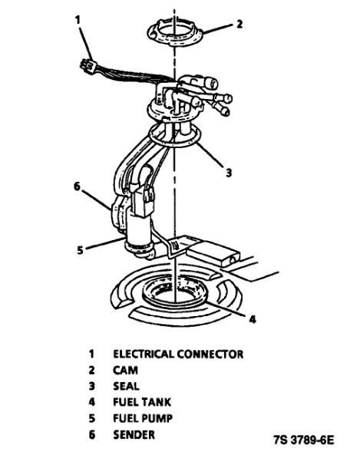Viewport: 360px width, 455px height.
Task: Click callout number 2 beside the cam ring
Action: pos(239,24)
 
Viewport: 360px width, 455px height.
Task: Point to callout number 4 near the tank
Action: pos(253,318)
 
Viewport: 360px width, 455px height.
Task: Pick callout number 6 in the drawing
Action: pos(77,185)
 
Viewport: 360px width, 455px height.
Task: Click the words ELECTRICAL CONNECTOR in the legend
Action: pos(178,354)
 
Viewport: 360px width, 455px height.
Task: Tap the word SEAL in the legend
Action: pos(127,386)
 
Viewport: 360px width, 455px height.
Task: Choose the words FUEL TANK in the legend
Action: pos(143,402)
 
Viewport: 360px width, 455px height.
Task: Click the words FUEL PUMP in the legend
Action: pos(143,418)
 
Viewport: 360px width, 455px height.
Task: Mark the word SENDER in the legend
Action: pos(134,434)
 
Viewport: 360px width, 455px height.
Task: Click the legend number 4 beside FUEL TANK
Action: pos(91,402)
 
